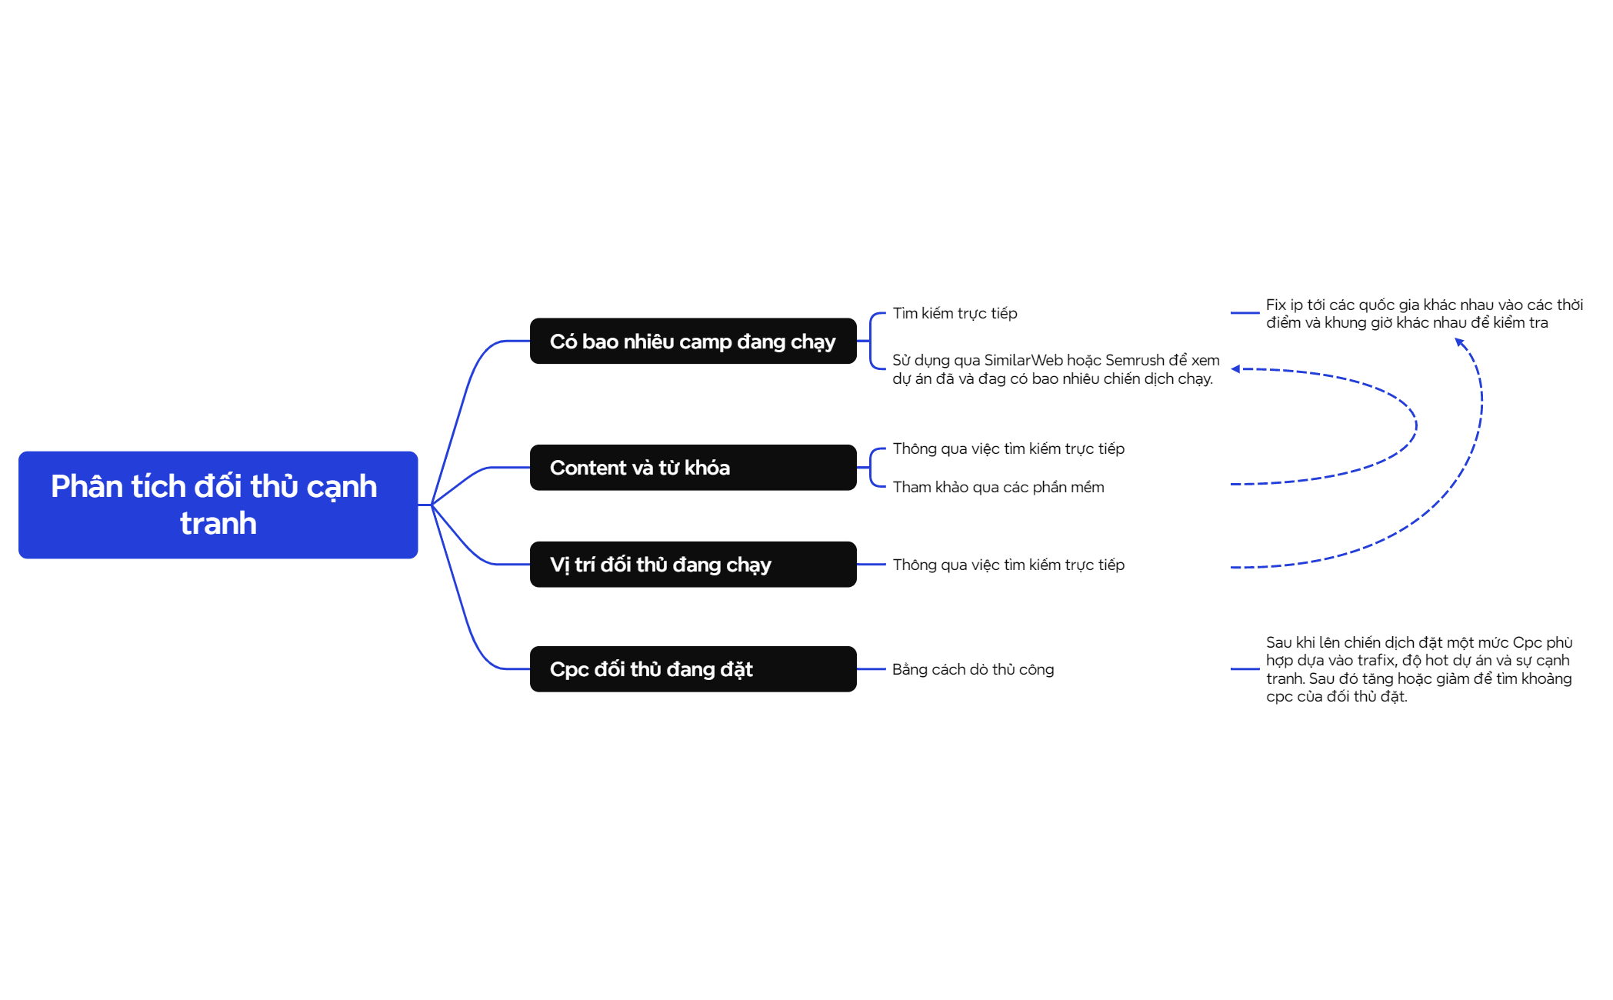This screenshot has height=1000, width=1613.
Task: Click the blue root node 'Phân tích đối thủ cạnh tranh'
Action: click(x=218, y=505)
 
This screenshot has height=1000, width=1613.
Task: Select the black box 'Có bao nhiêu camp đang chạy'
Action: click(x=693, y=341)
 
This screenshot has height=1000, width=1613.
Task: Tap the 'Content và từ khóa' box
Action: click(x=693, y=468)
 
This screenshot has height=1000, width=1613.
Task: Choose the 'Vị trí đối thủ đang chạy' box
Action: click(x=693, y=565)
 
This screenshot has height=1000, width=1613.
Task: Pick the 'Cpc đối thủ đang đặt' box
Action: click(x=693, y=669)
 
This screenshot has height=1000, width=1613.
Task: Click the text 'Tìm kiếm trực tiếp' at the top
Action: click(x=955, y=313)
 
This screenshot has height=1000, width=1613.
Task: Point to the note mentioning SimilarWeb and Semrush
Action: click(x=1055, y=369)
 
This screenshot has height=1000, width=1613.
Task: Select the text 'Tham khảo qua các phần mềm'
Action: click(x=998, y=487)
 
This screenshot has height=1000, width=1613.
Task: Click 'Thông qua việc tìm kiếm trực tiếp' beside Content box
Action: click(x=1008, y=448)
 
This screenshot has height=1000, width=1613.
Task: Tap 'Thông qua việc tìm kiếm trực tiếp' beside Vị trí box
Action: click(x=1008, y=565)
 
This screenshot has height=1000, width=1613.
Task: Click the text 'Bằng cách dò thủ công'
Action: click(x=973, y=669)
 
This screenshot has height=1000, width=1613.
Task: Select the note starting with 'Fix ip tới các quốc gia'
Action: click(x=1425, y=314)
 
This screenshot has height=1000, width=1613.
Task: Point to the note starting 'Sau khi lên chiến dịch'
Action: click(x=1419, y=669)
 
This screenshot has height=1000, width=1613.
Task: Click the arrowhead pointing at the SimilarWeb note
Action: click(x=1235, y=369)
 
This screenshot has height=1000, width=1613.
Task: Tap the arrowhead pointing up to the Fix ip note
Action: click(x=1459, y=342)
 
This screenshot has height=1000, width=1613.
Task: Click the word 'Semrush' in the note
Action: click(x=1135, y=360)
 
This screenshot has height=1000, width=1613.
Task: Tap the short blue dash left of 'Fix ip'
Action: click(x=1245, y=313)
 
